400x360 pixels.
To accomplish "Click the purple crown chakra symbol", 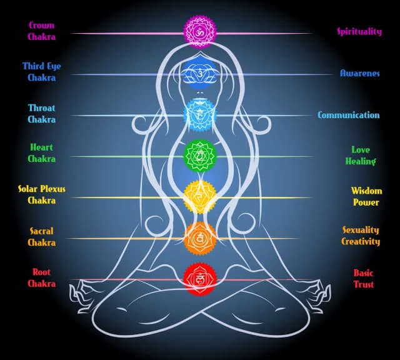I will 199,31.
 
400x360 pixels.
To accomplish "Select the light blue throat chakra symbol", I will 199,114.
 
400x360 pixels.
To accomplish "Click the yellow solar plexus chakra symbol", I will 199,196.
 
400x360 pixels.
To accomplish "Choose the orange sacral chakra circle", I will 199,237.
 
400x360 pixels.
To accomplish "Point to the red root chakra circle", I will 199,278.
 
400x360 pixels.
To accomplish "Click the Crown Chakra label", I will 41,31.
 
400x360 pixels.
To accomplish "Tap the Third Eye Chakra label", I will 41,72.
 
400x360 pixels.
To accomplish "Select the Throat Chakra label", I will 41,113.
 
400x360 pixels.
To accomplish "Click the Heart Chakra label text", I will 41,153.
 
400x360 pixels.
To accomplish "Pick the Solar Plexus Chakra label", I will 41,194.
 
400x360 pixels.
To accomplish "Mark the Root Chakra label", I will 41,277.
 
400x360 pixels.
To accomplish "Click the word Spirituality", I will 359,31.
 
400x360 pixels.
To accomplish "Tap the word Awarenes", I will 359,73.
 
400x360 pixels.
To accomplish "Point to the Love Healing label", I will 361,156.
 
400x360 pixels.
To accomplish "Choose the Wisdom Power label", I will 366,196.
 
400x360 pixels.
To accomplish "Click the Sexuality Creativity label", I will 361,236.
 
